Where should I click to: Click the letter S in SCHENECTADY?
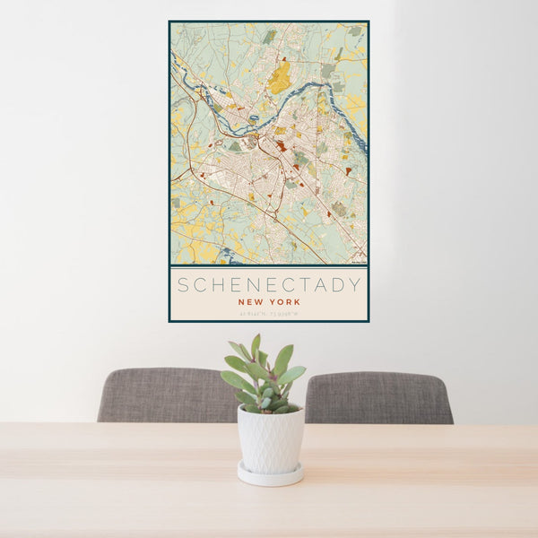(183, 286)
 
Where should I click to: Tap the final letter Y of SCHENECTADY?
(356, 286)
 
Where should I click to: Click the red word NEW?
(250, 302)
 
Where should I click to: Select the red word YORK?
(283, 302)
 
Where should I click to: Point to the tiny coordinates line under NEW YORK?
(269, 313)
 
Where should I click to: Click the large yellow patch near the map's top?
(281, 76)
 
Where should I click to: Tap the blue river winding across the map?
(269, 105)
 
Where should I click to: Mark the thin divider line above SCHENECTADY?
(269, 266)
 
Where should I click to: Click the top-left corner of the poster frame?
(169, 22)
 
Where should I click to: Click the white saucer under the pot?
(270, 475)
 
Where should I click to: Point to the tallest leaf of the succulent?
(256, 345)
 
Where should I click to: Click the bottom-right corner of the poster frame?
(368, 321)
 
